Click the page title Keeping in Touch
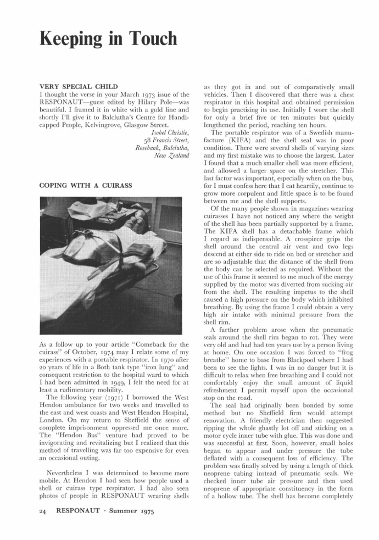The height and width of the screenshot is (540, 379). click(108, 38)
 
